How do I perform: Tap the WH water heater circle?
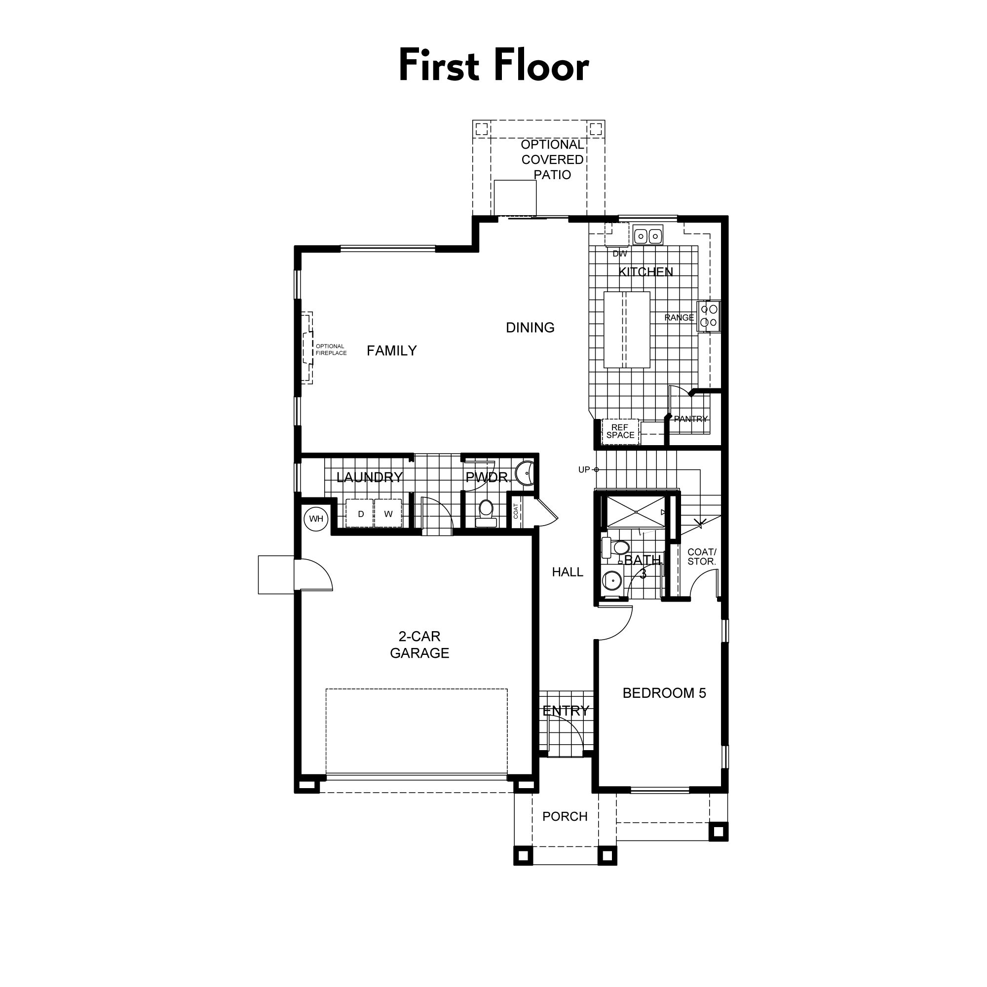click(x=316, y=519)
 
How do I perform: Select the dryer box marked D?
click(x=361, y=514)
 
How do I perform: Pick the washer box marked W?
click(x=388, y=514)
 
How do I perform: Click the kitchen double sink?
click(x=648, y=236)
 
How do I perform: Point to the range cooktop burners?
click(x=709, y=316)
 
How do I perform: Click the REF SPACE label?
click(x=620, y=431)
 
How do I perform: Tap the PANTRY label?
click(x=691, y=419)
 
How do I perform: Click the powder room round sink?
click(x=524, y=474)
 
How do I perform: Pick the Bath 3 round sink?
click(x=611, y=580)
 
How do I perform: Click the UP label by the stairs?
click(x=584, y=469)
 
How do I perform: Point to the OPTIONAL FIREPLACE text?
click(x=331, y=350)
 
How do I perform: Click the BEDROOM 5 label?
click(x=664, y=693)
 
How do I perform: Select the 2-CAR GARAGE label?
click(x=419, y=645)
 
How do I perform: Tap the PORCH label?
click(x=565, y=816)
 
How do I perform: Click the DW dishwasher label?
click(x=619, y=254)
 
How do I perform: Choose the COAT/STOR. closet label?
click(x=701, y=557)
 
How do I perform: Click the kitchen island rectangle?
click(x=627, y=330)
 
